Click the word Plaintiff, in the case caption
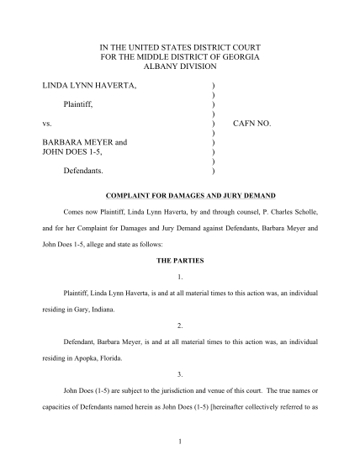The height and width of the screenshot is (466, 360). [x=82, y=104]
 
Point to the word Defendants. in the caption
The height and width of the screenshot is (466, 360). [x=86, y=171]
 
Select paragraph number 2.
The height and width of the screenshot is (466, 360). [x=181, y=325]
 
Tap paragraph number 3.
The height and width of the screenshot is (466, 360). [x=181, y=373]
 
